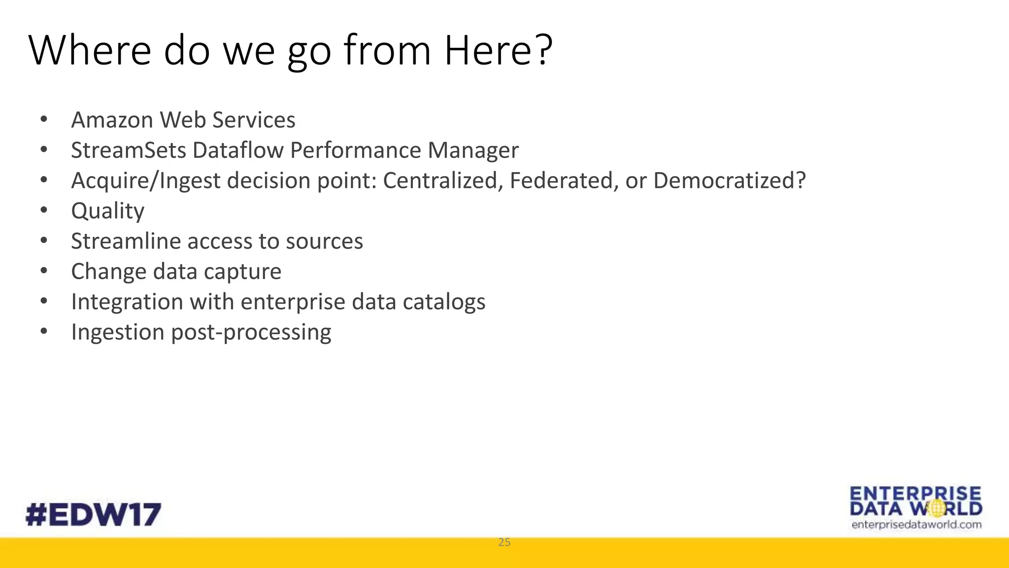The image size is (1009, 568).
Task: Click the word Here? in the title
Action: (x=498, y=50)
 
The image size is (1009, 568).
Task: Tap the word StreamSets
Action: (x=128, y=150)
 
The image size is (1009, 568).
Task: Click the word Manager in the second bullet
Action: (x=473, y=150)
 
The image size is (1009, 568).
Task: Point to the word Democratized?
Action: (x=729, y=180)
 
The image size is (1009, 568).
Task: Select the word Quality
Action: (x=107, y=212)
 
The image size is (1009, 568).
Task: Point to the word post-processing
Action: (x=251, y=332)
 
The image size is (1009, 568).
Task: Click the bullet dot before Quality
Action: (x=44, y=211)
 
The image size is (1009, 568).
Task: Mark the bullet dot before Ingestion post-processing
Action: (x=44, y=331)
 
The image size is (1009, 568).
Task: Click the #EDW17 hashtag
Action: (x=93, y=515)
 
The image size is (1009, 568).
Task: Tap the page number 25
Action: (x=504, y=542)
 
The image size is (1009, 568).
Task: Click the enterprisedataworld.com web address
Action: (x=916, y=525)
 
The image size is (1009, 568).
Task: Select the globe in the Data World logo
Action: (x=938, y=508)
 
